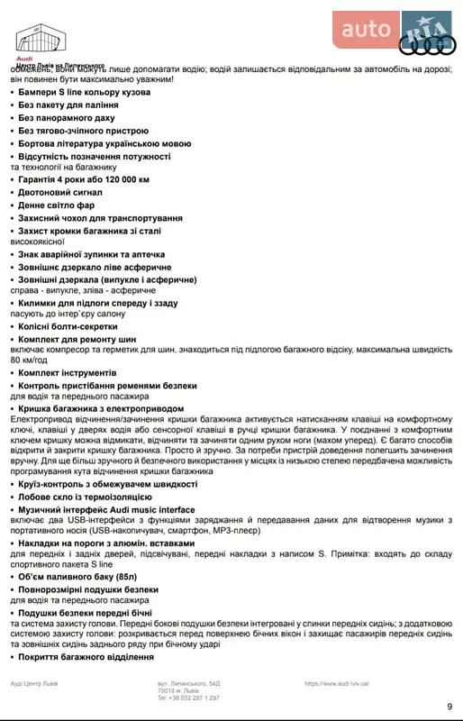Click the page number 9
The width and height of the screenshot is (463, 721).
[x=449, y=706]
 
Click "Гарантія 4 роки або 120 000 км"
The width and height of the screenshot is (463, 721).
[x=84, y=179]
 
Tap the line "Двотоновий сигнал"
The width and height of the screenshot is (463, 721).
[x=61, y=192]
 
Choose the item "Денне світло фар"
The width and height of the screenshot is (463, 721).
[x=57, y=205]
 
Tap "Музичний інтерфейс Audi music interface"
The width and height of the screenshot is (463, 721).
[x=106, y=509]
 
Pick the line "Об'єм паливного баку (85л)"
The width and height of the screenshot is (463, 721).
[x=77, y=576]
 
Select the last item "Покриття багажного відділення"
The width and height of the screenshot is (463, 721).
[x=86, y=657]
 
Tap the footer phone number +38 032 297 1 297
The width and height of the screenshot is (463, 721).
[x=188, y=698]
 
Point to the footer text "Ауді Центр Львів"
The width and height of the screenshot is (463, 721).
[x=35, y=684]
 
